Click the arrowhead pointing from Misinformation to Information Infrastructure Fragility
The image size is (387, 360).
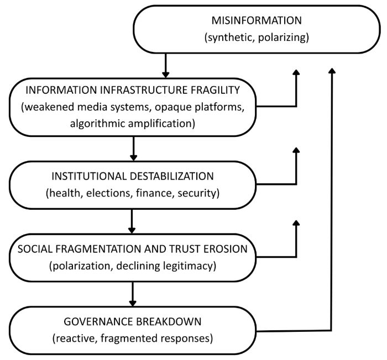[164, 74]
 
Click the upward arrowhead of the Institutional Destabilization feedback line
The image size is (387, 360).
[296, 151]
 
